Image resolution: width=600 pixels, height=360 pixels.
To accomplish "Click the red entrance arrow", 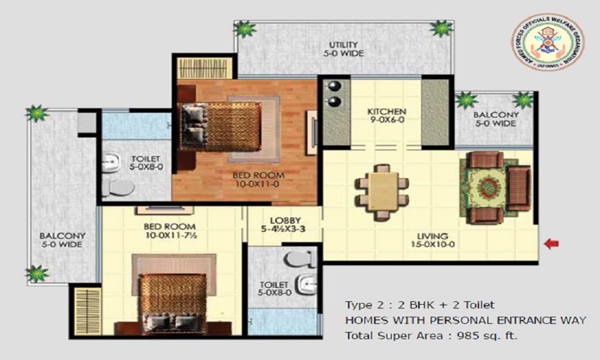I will pos(551,244).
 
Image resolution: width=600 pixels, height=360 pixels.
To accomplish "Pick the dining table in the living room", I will pos(382,191).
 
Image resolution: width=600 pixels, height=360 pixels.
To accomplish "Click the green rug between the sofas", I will pos(484,187).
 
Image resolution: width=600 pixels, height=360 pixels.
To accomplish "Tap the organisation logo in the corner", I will pos(547,43).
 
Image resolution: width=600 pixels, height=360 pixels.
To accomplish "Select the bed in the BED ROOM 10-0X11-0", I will pos(223,127).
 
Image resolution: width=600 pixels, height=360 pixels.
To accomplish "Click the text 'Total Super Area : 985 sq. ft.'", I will pos(431,335).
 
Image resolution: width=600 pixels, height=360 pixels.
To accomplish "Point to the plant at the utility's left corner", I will pos(245,28).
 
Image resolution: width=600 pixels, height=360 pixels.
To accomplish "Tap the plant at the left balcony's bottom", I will pos(37,274).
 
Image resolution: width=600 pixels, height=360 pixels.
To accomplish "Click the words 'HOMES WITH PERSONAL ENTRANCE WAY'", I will pos(465,320).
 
